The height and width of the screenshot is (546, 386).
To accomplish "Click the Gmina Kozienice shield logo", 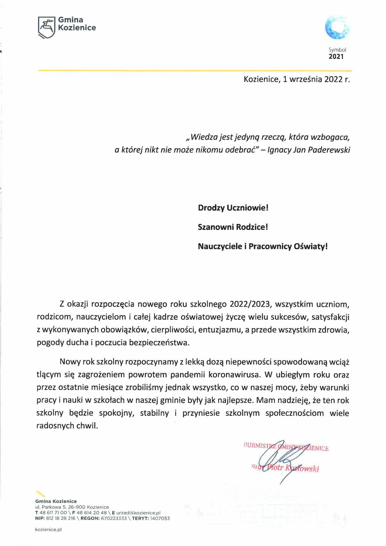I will pos(47,27).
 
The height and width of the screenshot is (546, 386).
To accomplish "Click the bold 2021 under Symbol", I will pos(336,57).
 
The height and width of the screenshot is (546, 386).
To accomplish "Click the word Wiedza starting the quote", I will pos(204,137).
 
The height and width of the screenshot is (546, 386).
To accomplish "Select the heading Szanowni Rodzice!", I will pos(233,227).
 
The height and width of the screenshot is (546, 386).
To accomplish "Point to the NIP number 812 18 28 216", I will pos(61,519).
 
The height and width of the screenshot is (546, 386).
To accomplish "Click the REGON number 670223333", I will pos(114,519).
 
